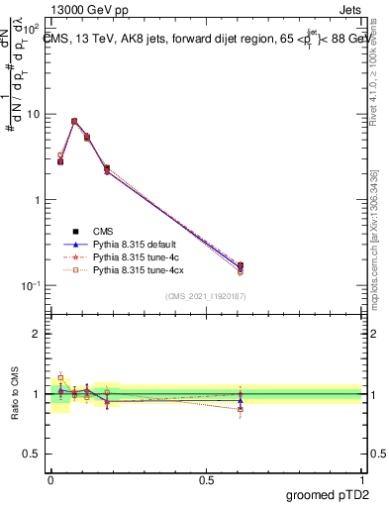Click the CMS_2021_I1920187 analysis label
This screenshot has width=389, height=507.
coord(206,296)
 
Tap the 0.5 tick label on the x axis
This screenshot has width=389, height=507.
coord(206,478)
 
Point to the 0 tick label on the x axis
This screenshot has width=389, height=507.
coord(50,478)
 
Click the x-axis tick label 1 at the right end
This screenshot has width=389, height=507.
coord(362,478)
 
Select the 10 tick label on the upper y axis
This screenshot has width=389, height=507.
coord(35,114)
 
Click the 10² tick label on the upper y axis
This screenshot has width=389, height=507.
coord(33,29)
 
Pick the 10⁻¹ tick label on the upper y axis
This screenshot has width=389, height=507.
coord(33,285)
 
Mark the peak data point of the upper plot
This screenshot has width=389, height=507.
coord(74,122)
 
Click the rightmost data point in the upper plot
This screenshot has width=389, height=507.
coord(241,265)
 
